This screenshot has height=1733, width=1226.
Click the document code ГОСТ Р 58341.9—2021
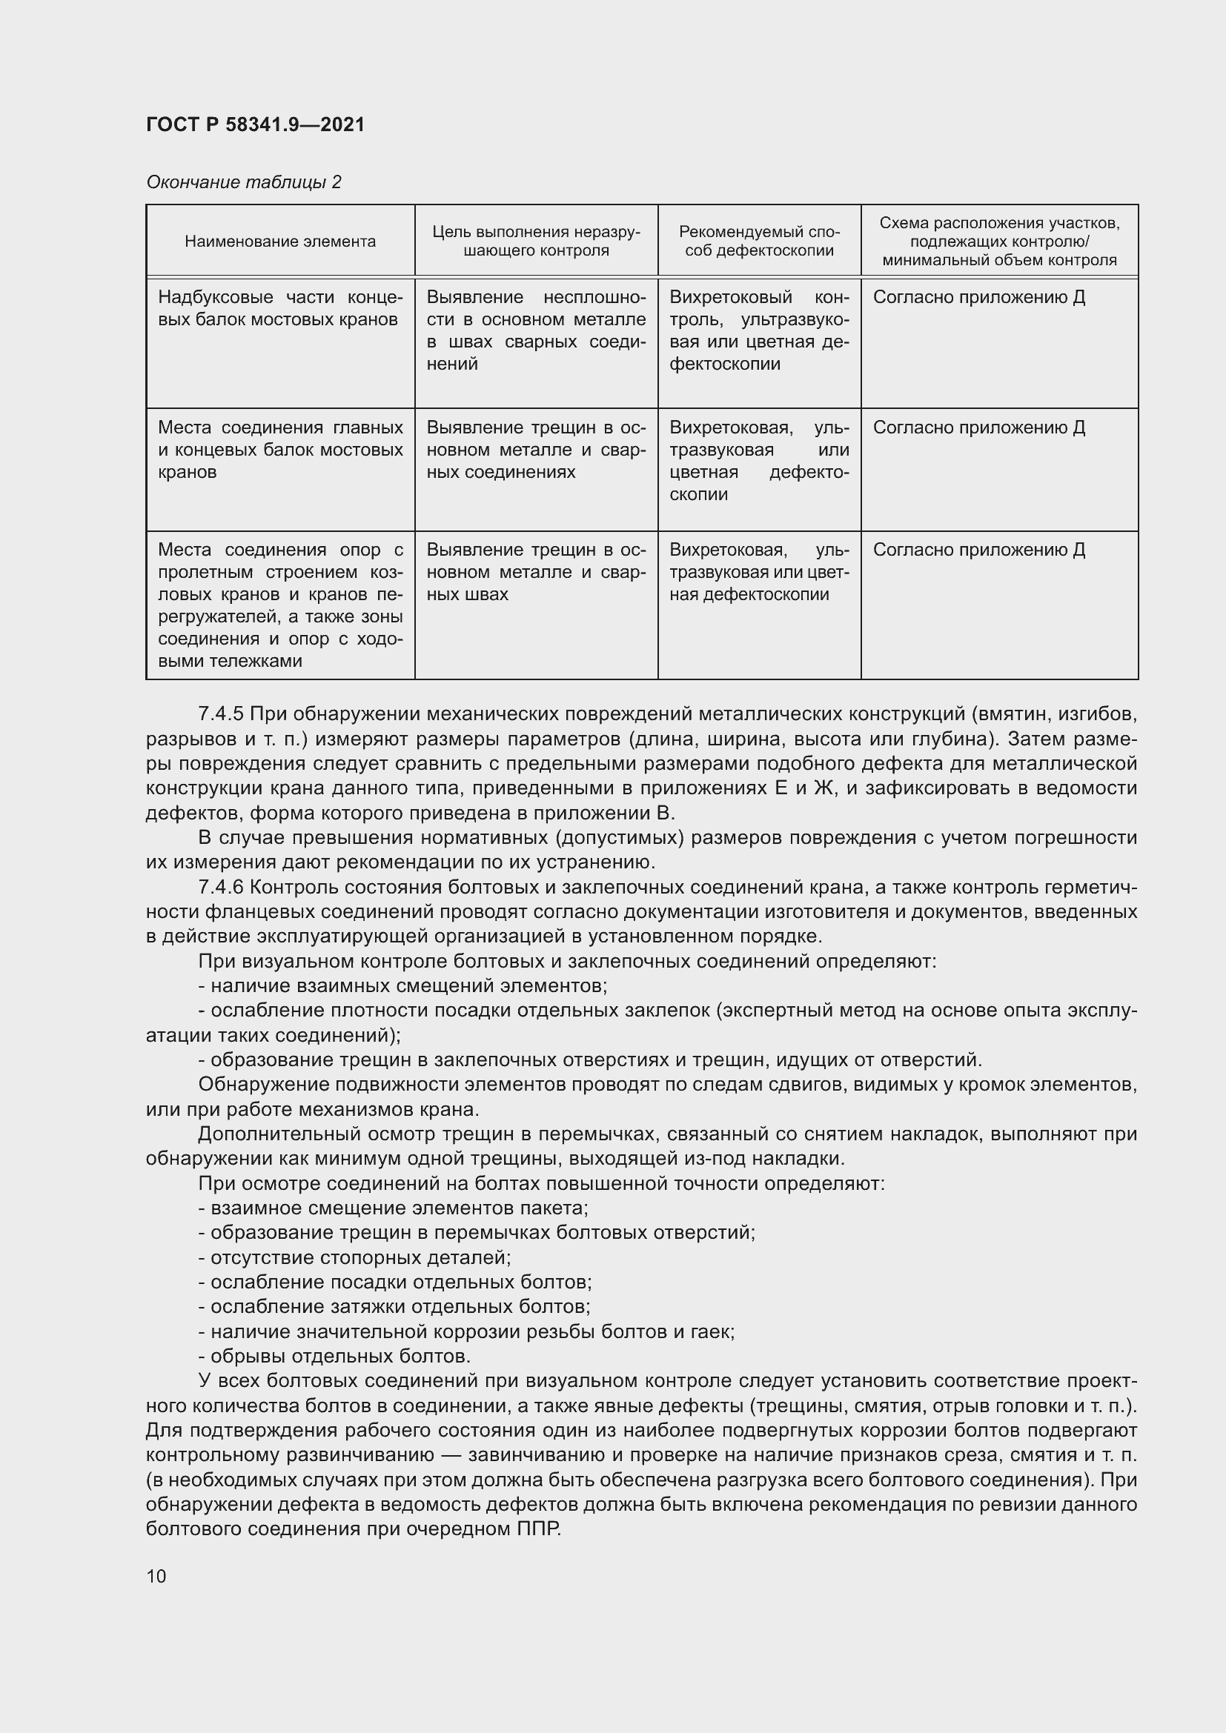coord(255,124)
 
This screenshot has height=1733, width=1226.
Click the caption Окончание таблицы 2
coord(243,182)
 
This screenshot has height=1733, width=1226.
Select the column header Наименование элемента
coord(280,242)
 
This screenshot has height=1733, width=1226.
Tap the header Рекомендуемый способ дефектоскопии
coord(759,242)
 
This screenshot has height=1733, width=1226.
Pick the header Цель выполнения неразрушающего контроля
coord(536,242)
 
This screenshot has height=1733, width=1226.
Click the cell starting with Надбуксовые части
coord(280,308)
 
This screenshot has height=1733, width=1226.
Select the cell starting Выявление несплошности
coord(536,330)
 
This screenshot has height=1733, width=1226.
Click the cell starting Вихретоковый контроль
coord(759,330)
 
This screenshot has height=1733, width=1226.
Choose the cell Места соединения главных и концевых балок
coord(280,449)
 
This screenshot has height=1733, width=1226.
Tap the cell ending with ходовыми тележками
coord(280,605)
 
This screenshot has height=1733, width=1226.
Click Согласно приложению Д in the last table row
coord(978,550)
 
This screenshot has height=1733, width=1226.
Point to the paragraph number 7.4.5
coord(220,714)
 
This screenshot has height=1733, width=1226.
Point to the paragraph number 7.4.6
coord(220,887)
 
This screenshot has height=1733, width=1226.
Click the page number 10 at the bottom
coord(156,1575)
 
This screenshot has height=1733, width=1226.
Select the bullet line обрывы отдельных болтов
coord(334,1357)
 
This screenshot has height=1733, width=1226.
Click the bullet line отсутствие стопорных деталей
coord(355,1257)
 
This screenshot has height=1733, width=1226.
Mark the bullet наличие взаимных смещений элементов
coord(402,985)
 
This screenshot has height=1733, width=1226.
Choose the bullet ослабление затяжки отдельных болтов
coord(394,1306)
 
